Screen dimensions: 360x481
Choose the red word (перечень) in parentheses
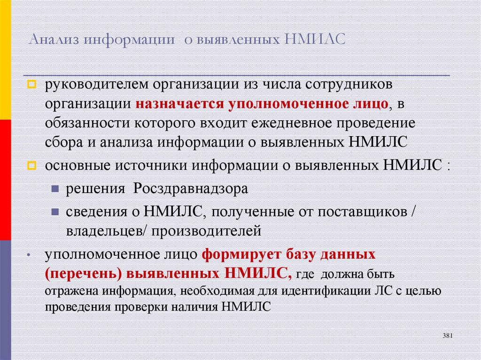[x=82, y=273]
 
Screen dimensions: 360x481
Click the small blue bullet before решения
[x=55, y=189]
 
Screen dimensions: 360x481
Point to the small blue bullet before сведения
[x=55, y=212]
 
